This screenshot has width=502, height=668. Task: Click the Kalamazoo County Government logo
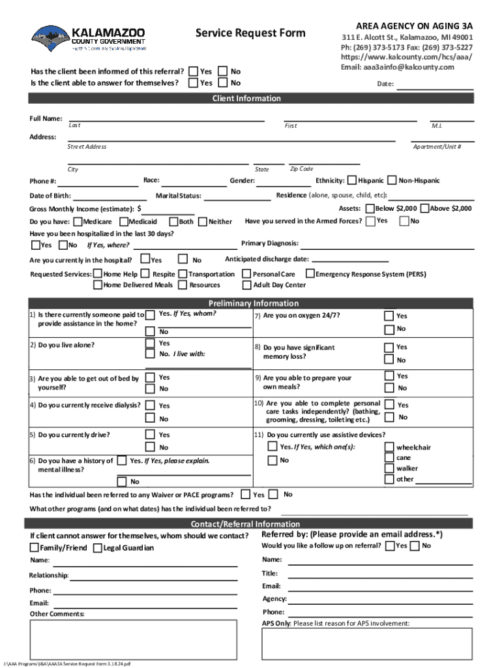coord(89,38)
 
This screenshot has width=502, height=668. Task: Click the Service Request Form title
coord(250,33)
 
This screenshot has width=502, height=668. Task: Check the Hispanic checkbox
coord(352,180)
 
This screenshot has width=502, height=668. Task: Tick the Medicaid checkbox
coord(123,222)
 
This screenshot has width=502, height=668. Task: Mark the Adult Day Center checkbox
coord(247,285)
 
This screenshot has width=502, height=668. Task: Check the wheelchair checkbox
coord(390,447)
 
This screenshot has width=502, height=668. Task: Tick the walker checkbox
coord(390,468)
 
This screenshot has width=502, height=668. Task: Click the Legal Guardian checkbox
coord(97,547)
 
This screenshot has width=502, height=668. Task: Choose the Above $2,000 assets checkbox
coord(424,209)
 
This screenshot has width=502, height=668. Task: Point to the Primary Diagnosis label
coord(269,243)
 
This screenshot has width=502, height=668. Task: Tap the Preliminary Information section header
coord(253,303)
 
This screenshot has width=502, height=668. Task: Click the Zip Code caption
coord(301,169)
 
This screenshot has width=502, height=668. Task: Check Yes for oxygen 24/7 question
coord(390,316)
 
